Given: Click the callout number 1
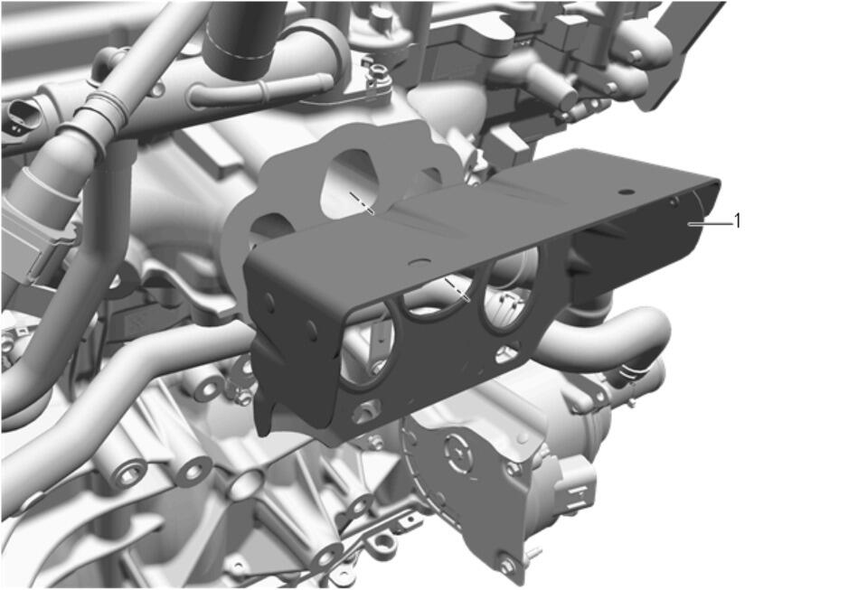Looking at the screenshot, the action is click(737, 221).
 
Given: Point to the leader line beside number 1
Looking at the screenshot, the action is click(709, 223).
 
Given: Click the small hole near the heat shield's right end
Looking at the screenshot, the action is click(627, 192).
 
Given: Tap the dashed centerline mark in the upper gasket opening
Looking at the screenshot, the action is click(362, 202).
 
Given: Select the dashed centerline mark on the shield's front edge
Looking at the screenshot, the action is click(457, 290).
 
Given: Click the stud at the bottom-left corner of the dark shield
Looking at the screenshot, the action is click(365, 411).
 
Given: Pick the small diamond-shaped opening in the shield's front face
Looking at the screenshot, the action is click(508, 353).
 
